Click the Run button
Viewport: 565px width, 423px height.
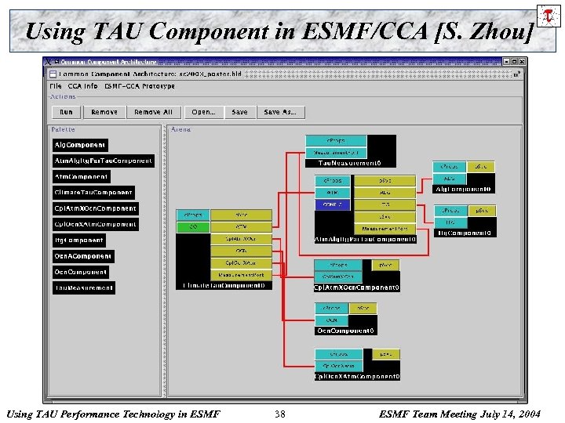(x=66, y=112)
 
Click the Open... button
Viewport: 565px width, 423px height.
(x=203, y=112)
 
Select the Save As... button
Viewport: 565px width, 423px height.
(x=280, y=112)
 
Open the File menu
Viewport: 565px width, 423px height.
(x=56, y=86)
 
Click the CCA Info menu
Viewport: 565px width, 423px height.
(x=83, y=86)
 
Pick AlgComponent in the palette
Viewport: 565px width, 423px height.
(x=79, y=145)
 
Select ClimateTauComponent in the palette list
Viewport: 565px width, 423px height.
(x=93, y=193)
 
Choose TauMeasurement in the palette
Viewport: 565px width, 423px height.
(x=84, y=288)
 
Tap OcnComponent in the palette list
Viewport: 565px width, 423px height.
(x=81, y=272)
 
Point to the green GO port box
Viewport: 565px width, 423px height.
(x=192, y=226)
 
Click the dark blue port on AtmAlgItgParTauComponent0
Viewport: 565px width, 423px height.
(x=333, y=204)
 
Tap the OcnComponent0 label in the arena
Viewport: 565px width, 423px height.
(x=346, y=331)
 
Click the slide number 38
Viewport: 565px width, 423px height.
(x=280, y=413)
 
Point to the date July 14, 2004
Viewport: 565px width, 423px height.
(x=510, y=413)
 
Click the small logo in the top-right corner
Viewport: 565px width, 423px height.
(x=548, y=15)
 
